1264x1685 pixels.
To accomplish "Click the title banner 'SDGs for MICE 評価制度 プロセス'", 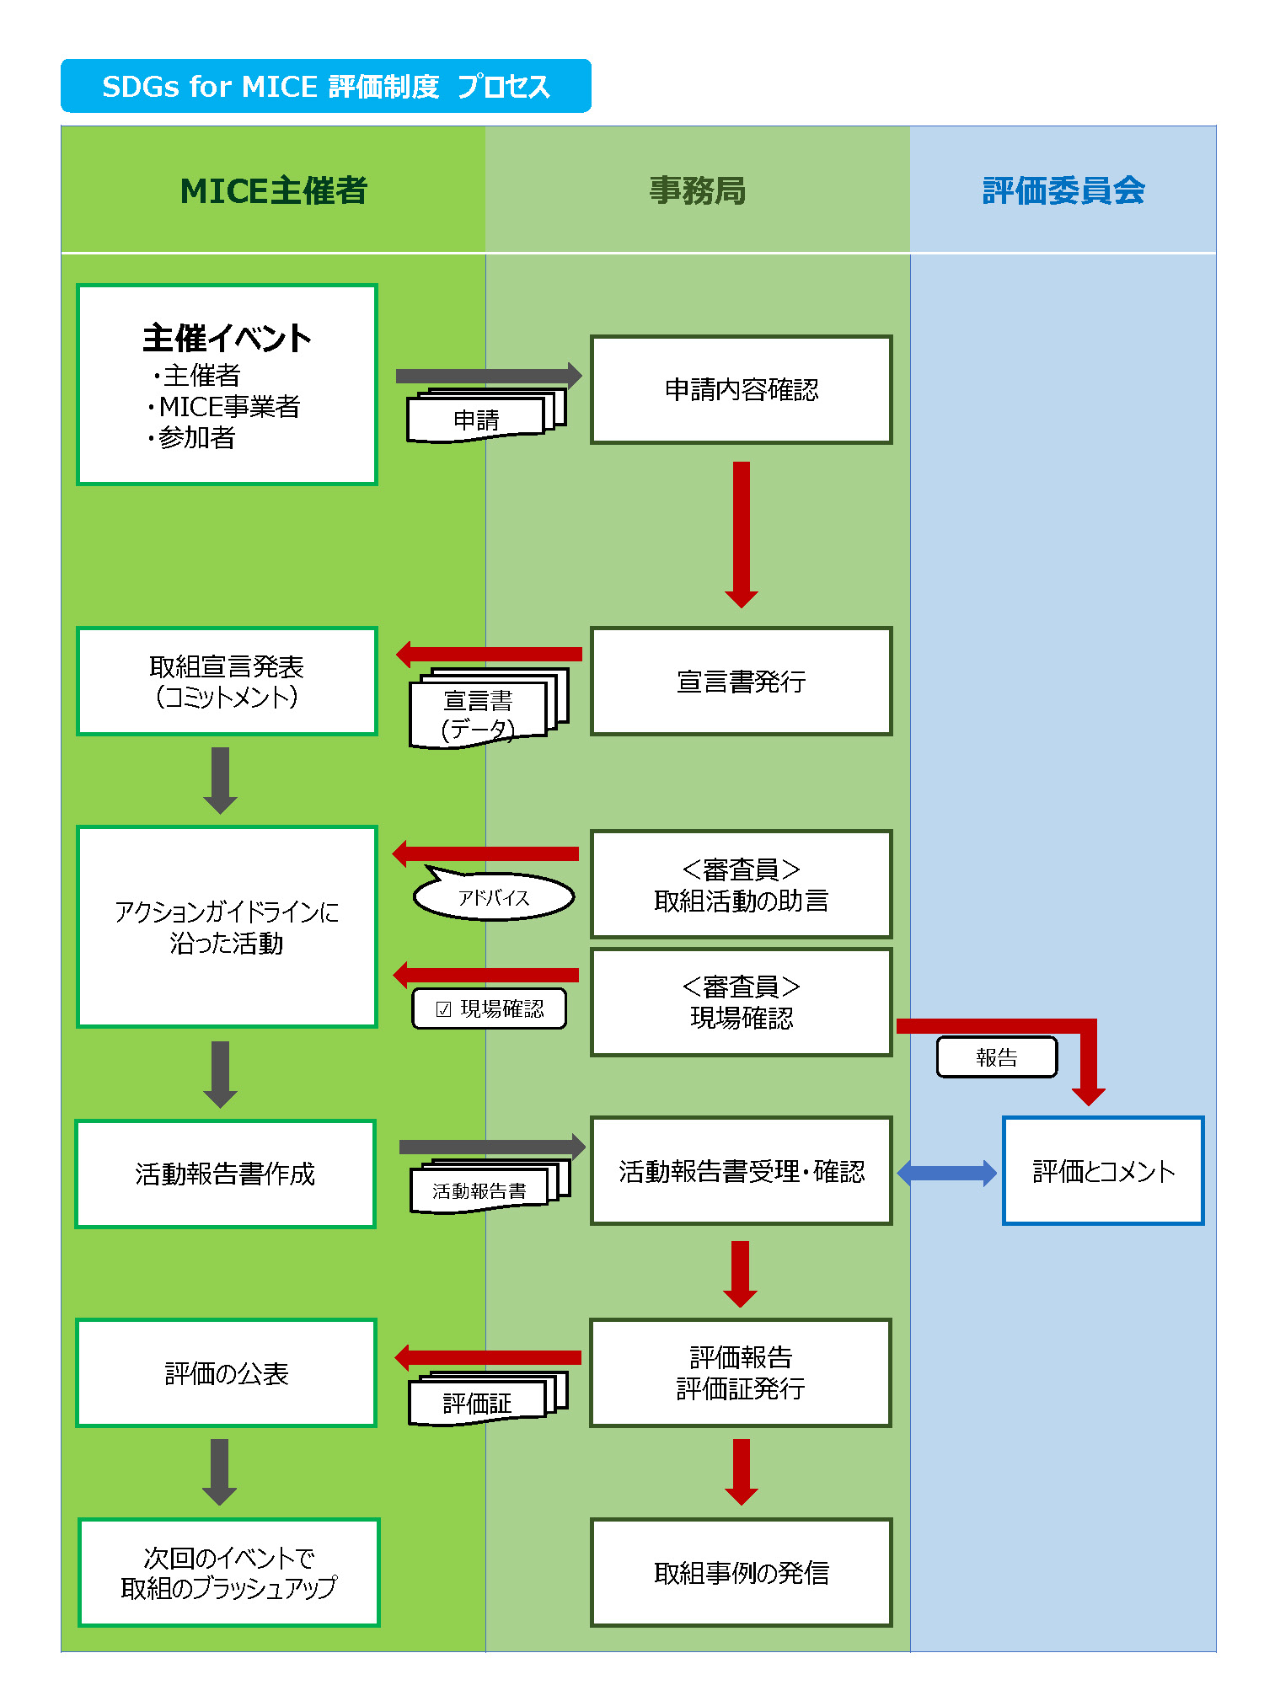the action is (x=325, y=86).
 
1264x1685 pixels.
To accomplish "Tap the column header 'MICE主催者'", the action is (x=274, y=190).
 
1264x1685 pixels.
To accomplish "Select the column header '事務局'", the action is (x=698, y=190).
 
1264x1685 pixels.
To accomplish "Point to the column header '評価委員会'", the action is (x=1063, y=190).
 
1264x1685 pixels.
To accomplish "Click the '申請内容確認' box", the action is (x=742, y=389).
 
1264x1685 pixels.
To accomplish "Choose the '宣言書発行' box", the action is (x=742, y=681).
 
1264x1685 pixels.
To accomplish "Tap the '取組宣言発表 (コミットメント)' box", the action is (x=227, y=681).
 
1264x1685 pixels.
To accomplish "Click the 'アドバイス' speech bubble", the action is (x=494, y=895).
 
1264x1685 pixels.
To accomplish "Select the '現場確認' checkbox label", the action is (x=490, y=1008).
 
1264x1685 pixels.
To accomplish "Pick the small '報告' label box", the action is (x=997, y=1056).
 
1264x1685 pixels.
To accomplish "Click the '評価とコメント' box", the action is (x=1103, y=1170).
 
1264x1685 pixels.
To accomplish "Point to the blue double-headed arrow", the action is (x=947, y=1172).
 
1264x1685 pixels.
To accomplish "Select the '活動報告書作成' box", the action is (x=225, y=1174).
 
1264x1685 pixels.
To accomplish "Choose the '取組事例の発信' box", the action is (x=742, y=1572).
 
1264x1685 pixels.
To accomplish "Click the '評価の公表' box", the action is (x=227, y=1373).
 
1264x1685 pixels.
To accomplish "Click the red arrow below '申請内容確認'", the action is (x=742, y=534).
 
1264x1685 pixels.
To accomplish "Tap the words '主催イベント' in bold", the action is (x=227, y=339).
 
